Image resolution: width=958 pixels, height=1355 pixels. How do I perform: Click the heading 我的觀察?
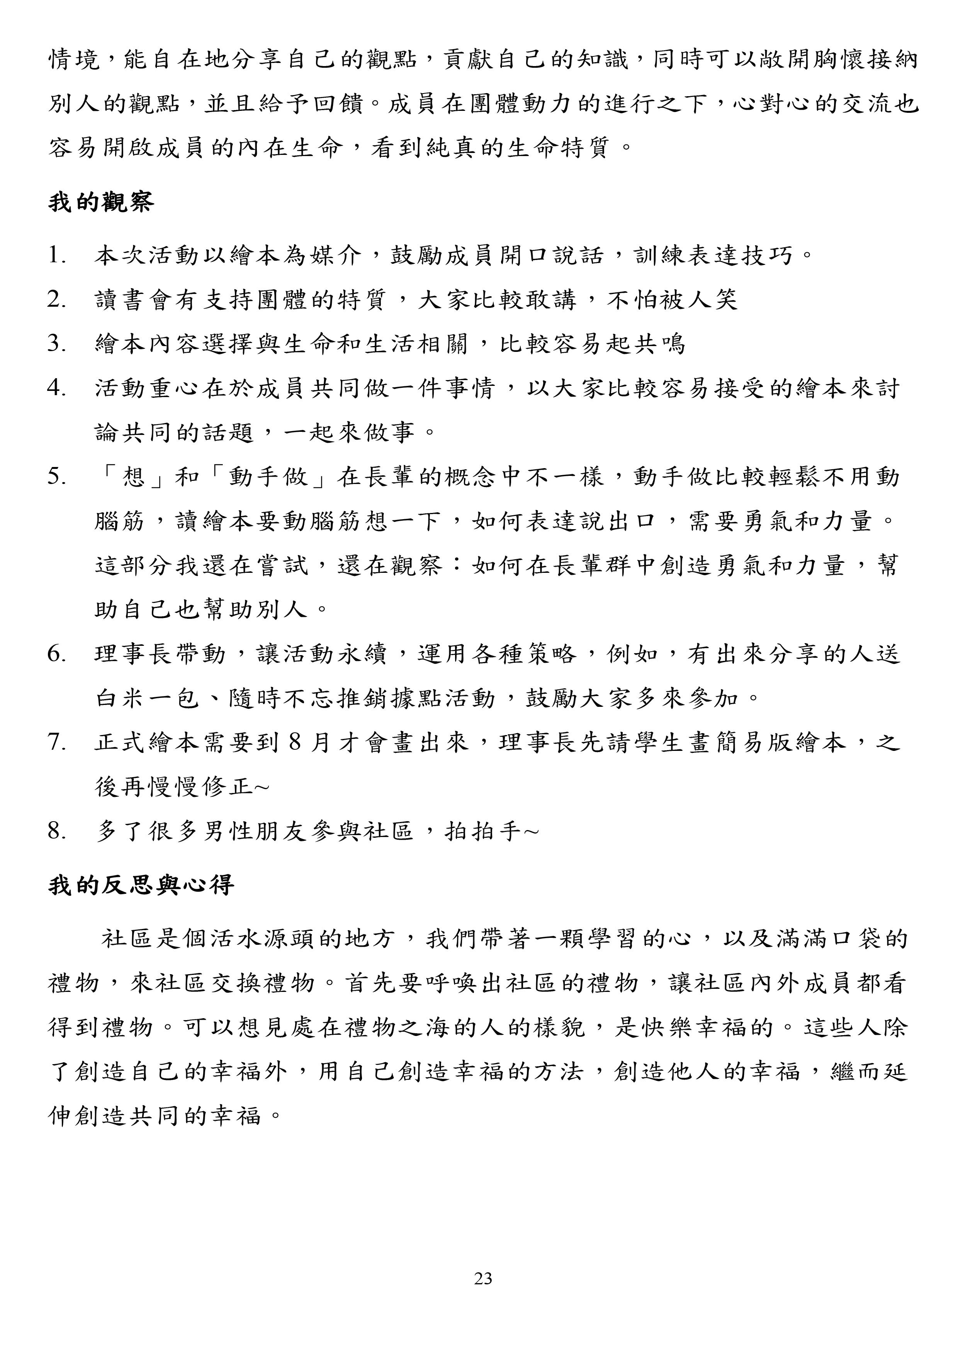tap(101, 202)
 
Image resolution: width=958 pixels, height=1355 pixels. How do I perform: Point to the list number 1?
tap(57, 256)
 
